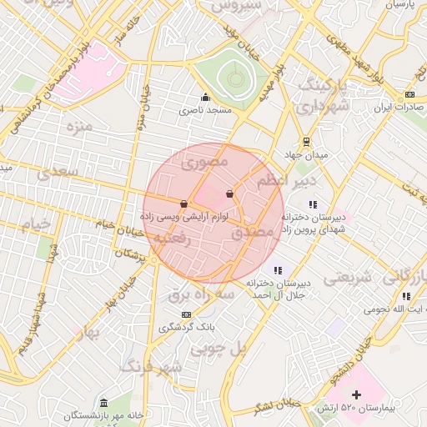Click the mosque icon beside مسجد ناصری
[x=205, y=97]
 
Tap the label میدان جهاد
[x=307, y=155]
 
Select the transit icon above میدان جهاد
[x=307, y=141]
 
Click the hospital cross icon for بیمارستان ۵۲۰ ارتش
[x=357, y=394]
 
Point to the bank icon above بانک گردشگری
[x=185, y=314]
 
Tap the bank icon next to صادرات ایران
[x=409, y=94]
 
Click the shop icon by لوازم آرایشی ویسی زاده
[x=183, y=202]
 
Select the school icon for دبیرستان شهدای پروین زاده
[x=313, y=203]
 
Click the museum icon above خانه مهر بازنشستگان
[x=103, y=402]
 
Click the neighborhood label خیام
[x=36, y=225]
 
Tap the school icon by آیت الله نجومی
[x=406, y=296]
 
